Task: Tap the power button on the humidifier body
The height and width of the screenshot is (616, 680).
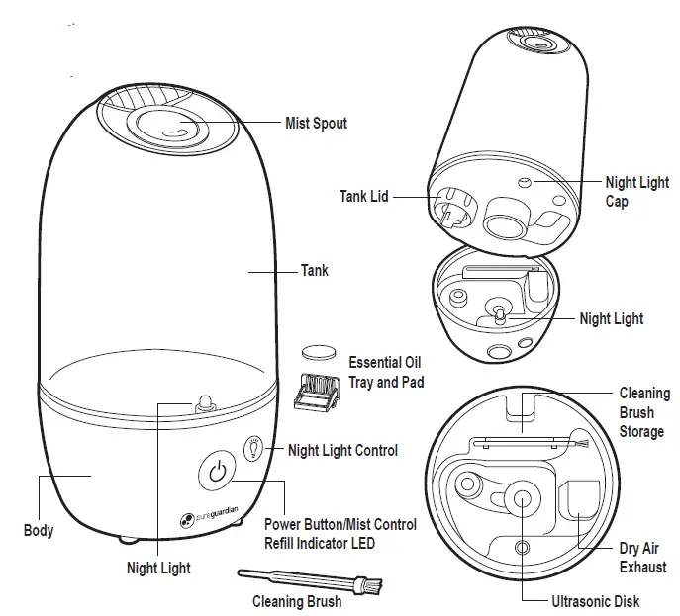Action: (219, 472)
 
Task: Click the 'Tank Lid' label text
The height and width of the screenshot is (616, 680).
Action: (363, 197)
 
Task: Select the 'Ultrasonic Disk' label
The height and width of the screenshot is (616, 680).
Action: (595, 600)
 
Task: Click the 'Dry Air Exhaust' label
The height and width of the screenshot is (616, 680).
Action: (642, 558)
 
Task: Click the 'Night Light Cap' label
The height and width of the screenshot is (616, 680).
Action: (636, 191)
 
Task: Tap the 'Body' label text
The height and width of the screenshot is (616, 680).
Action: (39, 531)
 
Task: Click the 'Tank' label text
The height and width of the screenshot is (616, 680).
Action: (314, 270)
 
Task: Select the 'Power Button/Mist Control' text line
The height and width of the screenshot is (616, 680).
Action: (340, 524)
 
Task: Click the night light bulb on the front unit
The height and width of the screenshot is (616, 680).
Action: (206, 400)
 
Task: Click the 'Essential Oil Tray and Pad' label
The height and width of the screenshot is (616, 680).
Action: (386, 372)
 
